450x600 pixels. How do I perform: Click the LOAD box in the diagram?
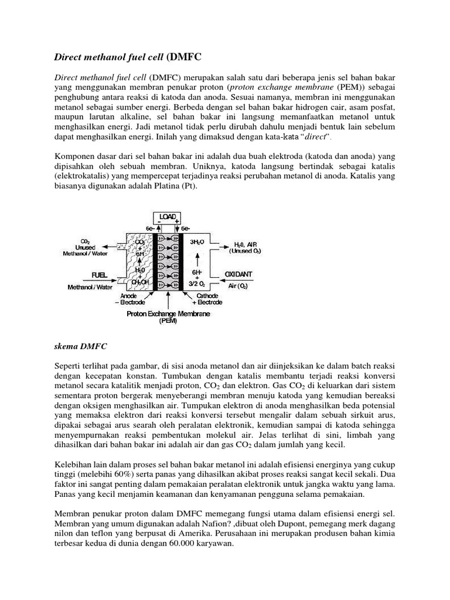click(x=168, y=217)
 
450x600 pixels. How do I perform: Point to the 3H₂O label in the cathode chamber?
click(x=197, y=241)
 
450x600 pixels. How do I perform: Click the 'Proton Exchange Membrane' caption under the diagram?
click(x=168, y=313)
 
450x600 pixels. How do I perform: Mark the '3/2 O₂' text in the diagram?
click(x=197, y=284)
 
